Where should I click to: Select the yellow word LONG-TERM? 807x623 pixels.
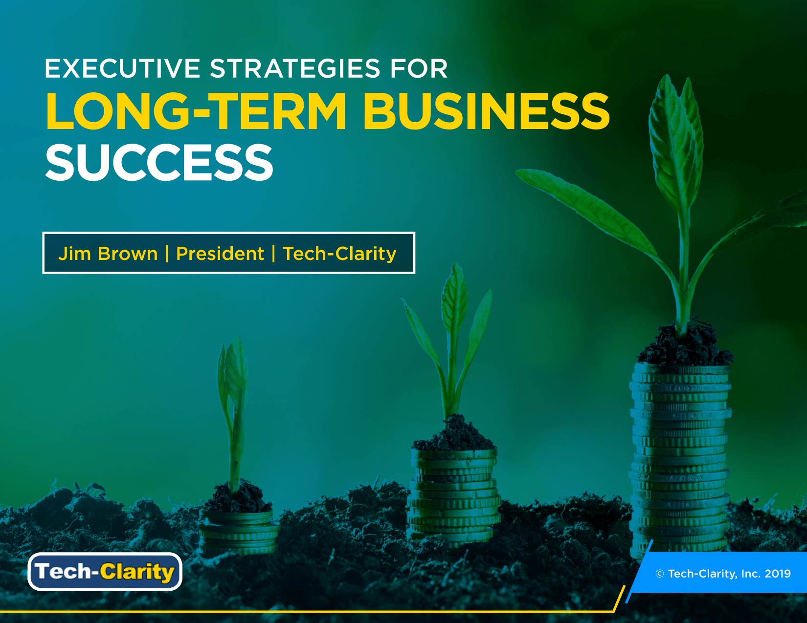(x=196, y=111)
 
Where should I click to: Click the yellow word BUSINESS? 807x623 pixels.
(x=486, y=111)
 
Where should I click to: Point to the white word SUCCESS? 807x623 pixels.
(x=159, y=163)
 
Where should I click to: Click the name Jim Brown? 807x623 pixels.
(x=108, y=254)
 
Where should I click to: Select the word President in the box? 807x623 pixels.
(x=220, y=254)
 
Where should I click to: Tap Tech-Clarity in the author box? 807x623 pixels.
(x=339, y=254)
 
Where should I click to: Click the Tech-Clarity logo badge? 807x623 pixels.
(x=105, y=571)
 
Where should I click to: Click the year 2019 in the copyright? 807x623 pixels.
(x=777, y=574)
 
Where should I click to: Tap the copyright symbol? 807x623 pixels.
(x=660, y=574)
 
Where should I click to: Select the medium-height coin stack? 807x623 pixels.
(x=454, y=494)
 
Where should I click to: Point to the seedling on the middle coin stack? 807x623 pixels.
(x=452, y=342)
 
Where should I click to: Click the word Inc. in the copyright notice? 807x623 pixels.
(x=751, y=574)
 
